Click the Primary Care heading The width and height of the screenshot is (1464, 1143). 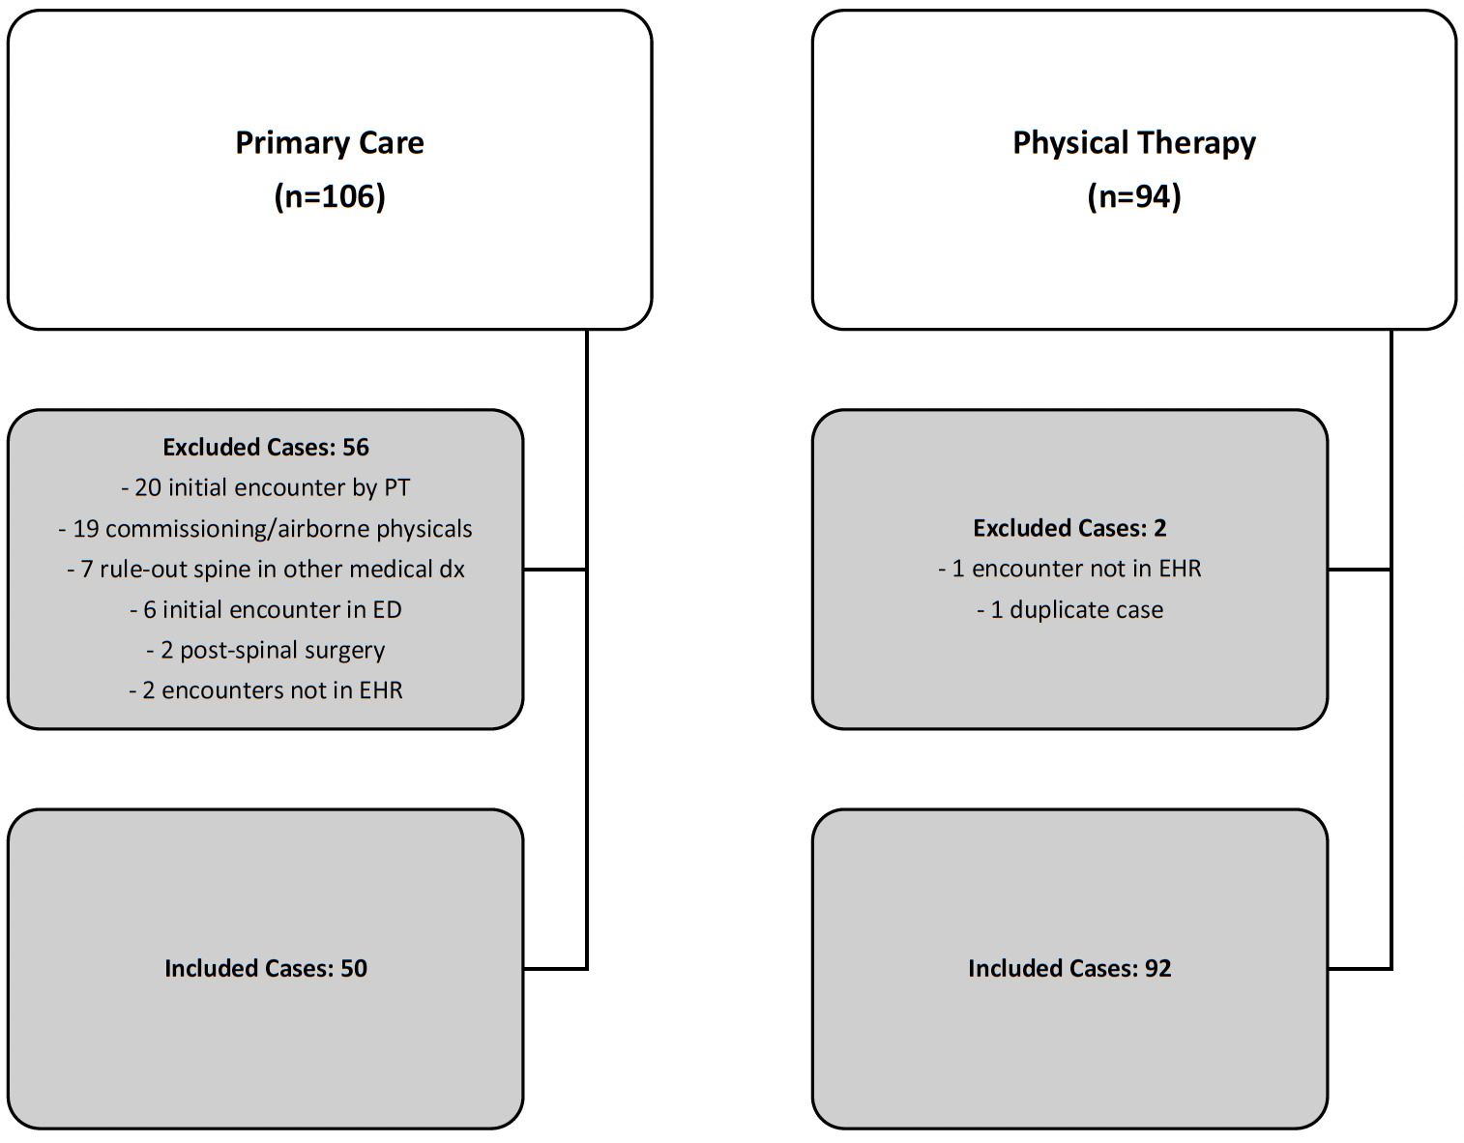click(330, 143)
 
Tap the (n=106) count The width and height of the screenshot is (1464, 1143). click(330, 196)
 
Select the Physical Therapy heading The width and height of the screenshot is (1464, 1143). click(1133, 143)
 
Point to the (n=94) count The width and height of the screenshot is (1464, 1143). click(1133, 196)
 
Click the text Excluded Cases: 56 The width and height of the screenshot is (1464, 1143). click(266, 447)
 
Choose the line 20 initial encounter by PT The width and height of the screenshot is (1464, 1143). click(266, 487)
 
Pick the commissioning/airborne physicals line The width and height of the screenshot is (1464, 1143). click(266, 529)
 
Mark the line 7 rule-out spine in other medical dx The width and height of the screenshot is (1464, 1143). click(266, 570)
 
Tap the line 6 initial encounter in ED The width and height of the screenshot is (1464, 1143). click(266, 610)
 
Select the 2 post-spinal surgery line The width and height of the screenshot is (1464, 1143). click(266, 650)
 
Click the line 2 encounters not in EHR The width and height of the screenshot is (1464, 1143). click(266, 690)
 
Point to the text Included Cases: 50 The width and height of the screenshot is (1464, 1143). click(266, 968)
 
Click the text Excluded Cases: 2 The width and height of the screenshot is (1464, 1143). click(1069, 528)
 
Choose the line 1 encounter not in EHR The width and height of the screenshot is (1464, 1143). click(1069, 569)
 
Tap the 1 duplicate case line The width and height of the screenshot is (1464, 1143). click(1069, 610)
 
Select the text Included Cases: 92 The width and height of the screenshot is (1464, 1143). click(1069, 968)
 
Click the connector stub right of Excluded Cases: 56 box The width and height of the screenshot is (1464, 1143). click(555, 570)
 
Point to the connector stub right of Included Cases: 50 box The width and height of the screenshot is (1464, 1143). click(555, 968)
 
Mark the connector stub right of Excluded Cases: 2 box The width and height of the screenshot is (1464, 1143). click(1360, 570)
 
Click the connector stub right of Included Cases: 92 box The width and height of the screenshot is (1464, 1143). click(1360, 968)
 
